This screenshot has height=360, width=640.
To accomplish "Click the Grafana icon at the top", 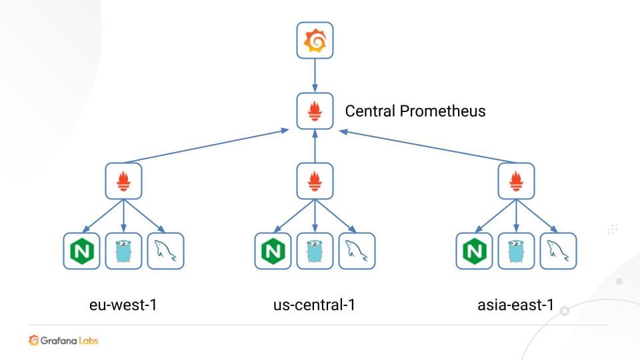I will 315,41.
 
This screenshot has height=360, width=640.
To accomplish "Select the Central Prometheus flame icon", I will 315,111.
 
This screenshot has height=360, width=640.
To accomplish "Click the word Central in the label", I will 369,111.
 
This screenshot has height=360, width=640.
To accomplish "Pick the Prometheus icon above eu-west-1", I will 123,181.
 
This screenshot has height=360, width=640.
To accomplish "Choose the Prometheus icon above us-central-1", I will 315,181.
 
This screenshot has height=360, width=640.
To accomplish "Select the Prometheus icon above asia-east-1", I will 516,181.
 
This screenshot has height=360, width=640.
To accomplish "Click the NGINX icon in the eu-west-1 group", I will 81,251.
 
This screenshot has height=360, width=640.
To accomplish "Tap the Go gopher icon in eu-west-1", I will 123,251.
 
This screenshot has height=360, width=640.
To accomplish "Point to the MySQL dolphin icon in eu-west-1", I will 165,251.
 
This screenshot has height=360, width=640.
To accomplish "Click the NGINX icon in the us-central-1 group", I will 273,251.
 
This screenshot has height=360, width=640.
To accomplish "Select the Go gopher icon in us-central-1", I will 315,251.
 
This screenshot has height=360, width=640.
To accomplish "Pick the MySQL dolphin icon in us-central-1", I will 357,251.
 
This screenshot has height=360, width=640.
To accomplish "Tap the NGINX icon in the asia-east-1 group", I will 474,251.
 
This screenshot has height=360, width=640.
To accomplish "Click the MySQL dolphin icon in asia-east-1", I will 558,251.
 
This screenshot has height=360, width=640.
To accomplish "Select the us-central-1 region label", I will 314,305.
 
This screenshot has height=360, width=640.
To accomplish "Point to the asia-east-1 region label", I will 515,305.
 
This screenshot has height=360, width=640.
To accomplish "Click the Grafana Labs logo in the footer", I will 63,341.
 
